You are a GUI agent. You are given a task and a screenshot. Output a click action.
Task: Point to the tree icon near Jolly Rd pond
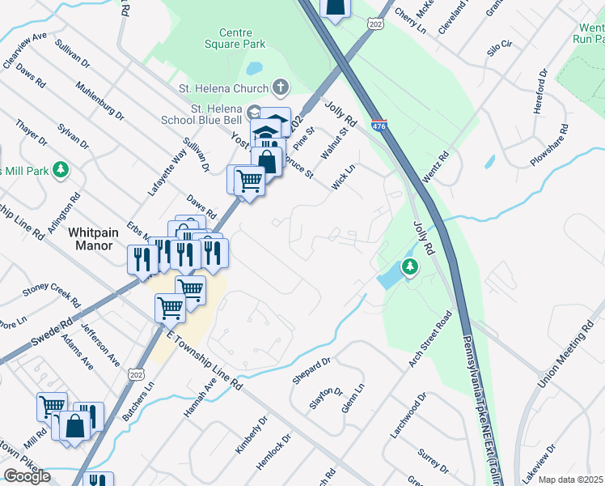410,266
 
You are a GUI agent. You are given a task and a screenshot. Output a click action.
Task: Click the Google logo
27,476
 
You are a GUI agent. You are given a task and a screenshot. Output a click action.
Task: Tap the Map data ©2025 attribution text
570,480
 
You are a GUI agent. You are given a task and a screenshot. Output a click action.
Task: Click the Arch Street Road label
429,340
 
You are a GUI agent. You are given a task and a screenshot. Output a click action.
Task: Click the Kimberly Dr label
251,436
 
